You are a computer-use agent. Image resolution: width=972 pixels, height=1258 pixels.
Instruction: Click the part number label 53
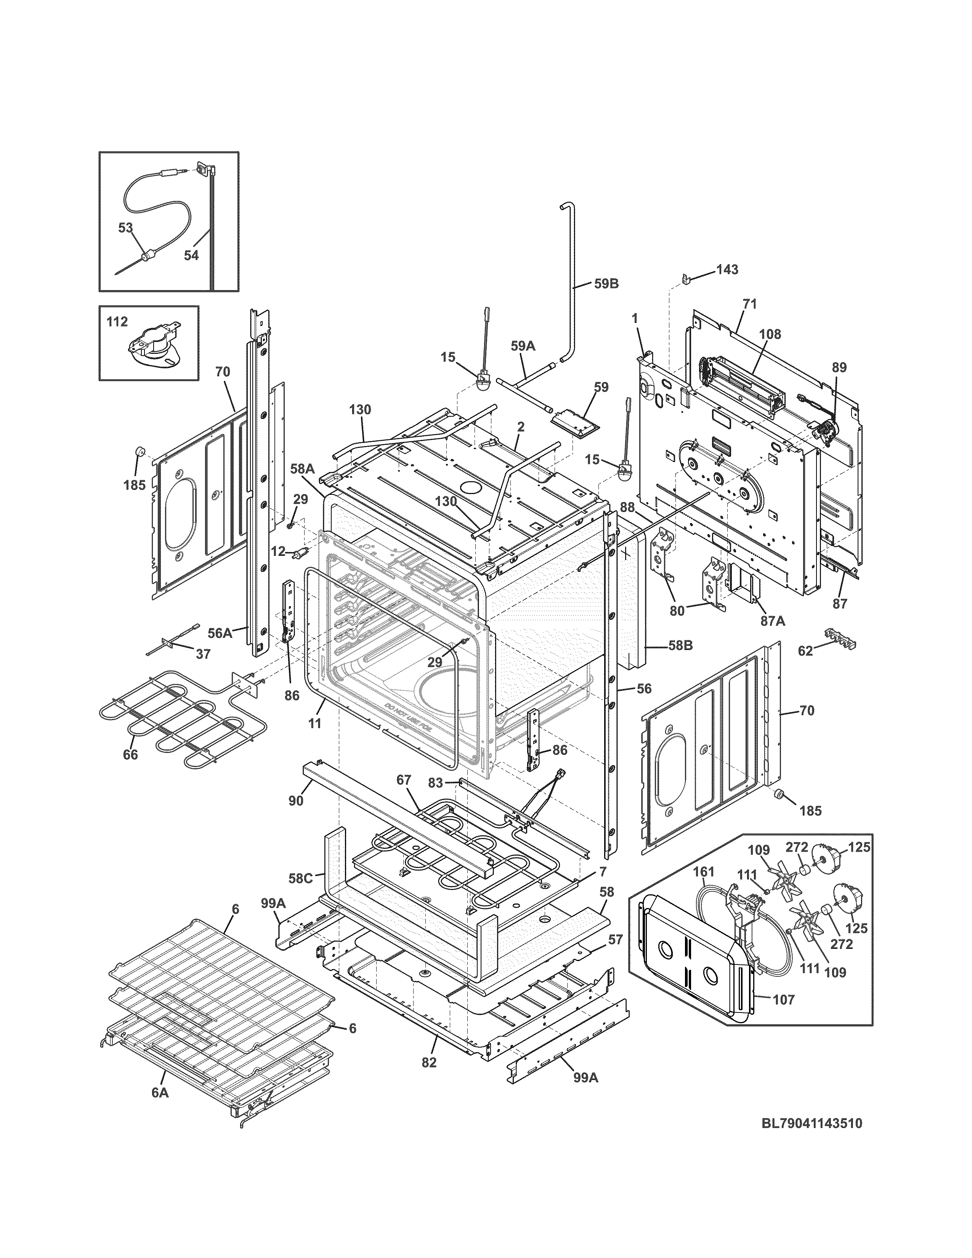coord(125,228)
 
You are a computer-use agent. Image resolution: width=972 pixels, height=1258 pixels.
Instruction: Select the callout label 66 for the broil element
coord(131,754)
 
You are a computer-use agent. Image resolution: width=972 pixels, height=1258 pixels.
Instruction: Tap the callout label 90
coord(296,801)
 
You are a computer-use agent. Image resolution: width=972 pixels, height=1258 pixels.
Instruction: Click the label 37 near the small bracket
coord(203,654)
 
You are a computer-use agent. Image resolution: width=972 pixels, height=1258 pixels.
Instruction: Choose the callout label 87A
coord(773,621)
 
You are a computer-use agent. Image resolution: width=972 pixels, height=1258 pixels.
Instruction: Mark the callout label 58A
coord(302,469)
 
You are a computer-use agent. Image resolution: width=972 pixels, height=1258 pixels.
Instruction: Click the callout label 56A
coord(220,633)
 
